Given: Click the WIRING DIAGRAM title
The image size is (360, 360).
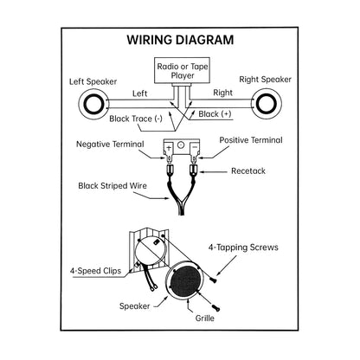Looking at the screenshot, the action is click(180, 40).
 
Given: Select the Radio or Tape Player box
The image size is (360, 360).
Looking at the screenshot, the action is click(182, 70).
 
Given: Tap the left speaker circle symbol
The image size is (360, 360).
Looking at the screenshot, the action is click(93, 103).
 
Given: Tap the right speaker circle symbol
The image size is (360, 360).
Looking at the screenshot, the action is click(267, 103).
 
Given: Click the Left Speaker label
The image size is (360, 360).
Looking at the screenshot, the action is click(93, 81).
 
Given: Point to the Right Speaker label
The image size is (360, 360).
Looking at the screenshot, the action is click(265, 80).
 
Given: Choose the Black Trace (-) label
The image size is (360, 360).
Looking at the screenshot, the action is click(136, 119).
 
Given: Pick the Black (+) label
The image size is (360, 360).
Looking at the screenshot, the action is click(215, 114).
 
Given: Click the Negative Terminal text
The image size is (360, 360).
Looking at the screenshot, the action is click(110, 144).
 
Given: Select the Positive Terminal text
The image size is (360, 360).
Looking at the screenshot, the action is click(251, 140).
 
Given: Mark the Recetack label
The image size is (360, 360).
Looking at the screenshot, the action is click(248, 170).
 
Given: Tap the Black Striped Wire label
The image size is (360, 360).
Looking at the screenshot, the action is click(112, 185).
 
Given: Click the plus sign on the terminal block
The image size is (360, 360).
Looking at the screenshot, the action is click(169, 148).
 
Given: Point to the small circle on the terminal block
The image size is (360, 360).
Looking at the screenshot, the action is click(180, 145).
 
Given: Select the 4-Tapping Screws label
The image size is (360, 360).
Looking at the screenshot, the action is click(243, 247).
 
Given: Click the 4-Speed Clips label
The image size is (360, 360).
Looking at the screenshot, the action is click(95, 271).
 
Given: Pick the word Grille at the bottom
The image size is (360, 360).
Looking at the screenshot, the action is click(205, 318).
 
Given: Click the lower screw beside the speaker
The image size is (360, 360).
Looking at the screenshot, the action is click(216, 308).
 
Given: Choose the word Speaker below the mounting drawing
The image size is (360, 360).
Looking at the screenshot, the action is click(135, 306).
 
